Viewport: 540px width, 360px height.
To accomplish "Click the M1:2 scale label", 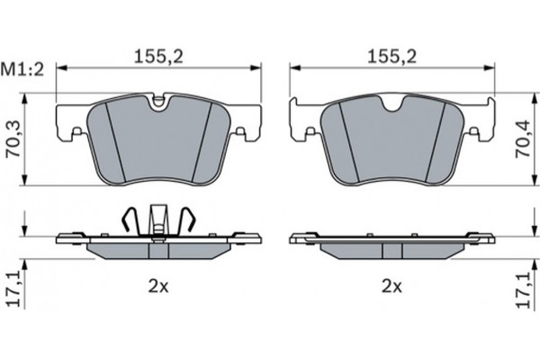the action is (x=22, y=70).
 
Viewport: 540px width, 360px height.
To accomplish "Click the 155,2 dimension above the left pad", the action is (x=158, y=56).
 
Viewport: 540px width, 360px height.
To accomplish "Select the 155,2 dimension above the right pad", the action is (x=391, y=56).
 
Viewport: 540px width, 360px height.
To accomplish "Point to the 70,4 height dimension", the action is (x=522, y=139).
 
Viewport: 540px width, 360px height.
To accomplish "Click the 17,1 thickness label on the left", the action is (x=14, y=289).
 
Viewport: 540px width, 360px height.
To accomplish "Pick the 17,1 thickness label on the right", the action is (x=523, y=289).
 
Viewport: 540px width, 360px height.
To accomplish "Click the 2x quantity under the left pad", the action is (x=158, y=286).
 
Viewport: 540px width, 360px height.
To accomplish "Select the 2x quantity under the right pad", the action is (x=391, y=286).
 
